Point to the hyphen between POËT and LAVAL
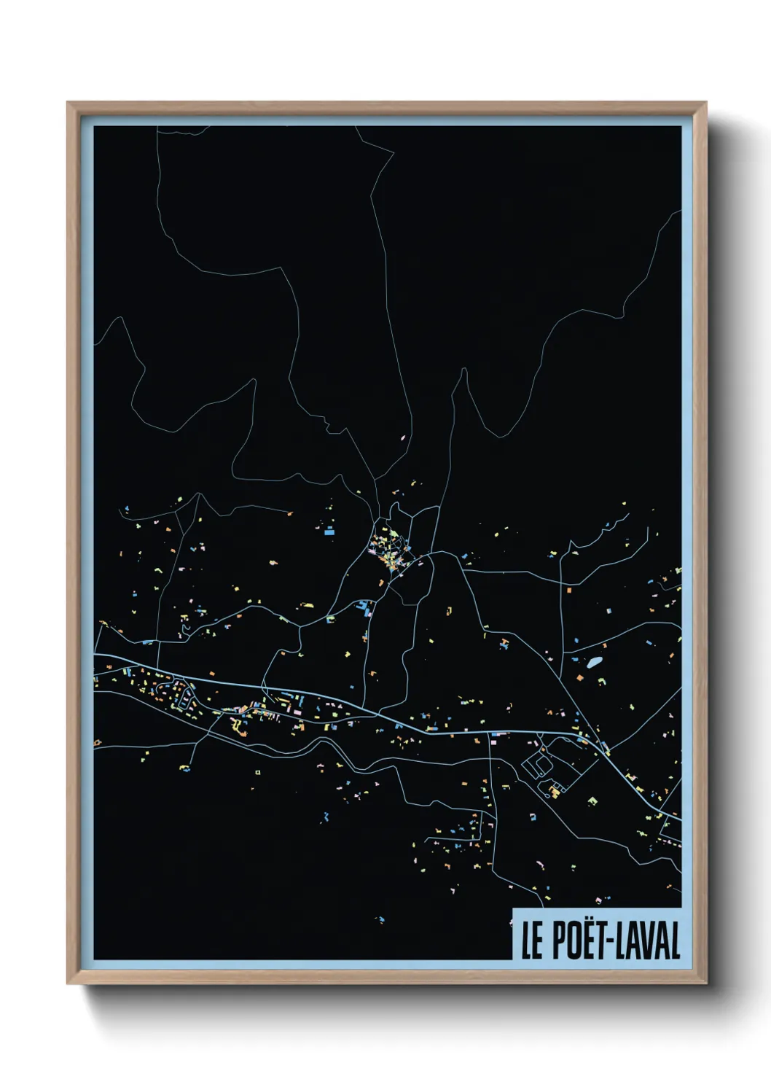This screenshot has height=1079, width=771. click(x=612, y=941)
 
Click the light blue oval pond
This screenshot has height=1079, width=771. click(x=595, y=662)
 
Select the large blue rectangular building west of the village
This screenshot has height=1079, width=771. click(x=329, y=532)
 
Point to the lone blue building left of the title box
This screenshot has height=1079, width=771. click(x=379, y=919)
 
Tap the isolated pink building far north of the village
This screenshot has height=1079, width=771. click(x=402, y=438)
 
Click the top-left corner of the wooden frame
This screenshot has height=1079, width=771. click(x=69, y=104)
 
